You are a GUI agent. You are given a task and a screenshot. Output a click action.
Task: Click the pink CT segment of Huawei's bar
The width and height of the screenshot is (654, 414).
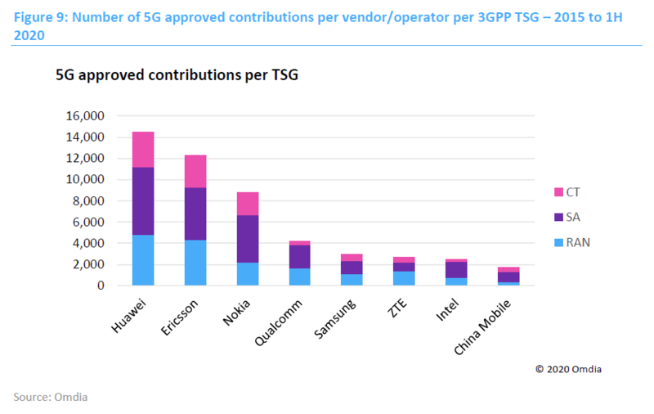click(143, 149)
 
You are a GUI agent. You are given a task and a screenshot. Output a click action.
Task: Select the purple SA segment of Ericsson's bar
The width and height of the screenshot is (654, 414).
click(195, 214)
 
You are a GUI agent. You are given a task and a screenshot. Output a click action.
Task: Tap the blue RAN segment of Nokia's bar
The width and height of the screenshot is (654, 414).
click(248, 274)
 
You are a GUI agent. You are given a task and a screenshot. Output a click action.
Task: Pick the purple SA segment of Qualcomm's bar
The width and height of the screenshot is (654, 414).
click(300, 257)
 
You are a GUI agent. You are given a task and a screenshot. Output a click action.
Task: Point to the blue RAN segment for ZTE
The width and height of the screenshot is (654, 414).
click(405, 278)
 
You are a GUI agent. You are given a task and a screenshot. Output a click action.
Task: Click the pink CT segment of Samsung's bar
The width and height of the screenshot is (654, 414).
click(352, 258)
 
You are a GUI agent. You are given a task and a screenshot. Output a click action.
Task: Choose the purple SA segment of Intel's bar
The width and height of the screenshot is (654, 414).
click(457, 270)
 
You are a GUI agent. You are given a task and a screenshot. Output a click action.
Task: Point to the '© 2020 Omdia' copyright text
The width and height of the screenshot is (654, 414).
click(571, 369)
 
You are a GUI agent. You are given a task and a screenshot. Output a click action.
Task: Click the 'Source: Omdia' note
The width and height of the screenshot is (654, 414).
click(51, 397)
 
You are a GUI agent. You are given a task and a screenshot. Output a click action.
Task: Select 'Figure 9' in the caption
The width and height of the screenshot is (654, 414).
click(38, 16)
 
